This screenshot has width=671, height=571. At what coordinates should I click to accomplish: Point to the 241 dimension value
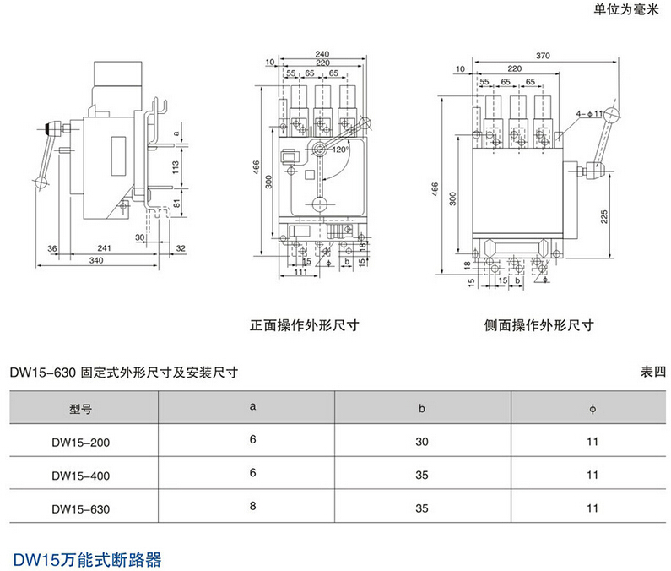tap(104, 248)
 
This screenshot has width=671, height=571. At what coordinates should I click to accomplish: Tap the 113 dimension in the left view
tap(176, 165)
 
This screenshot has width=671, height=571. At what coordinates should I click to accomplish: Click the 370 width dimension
tap(543, 56)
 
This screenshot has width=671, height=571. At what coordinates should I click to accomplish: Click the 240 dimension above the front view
tap(322, 54)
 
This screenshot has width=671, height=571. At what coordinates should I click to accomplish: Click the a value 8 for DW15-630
tap(252, 508)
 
